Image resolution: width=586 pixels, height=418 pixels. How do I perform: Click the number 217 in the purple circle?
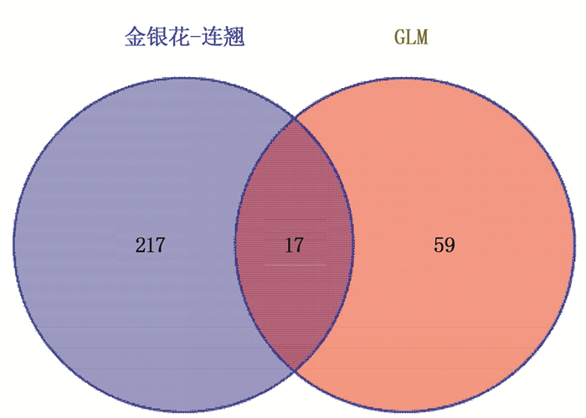coord(150,245)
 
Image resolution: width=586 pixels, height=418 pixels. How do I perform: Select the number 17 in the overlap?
coord(294,245)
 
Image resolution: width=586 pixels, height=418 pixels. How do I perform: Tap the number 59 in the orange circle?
coord(445,245)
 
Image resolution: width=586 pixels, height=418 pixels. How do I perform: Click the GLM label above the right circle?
coord(411,37)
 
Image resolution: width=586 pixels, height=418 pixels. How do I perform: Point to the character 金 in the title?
coord(135,37)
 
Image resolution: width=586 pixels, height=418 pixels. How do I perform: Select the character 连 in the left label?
coord(213,37)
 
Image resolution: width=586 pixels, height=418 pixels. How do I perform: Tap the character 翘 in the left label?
coord(234,37)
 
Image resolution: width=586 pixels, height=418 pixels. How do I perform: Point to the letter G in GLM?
coord(399,37)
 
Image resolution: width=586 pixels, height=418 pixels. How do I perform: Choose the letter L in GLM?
coord(411,37)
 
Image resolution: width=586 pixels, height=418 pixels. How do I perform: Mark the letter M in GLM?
coord(422,37)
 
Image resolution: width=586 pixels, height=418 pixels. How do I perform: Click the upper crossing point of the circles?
coord(295,119)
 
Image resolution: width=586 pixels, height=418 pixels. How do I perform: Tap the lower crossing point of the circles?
coord(295,370)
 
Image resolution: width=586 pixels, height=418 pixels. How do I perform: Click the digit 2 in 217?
coord(140,245)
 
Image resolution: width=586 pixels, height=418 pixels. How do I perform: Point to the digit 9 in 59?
coord(450,245)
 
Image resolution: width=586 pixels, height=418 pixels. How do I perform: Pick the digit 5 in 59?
coord(439,245)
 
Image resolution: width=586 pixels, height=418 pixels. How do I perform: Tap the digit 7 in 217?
coord(160,245)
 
